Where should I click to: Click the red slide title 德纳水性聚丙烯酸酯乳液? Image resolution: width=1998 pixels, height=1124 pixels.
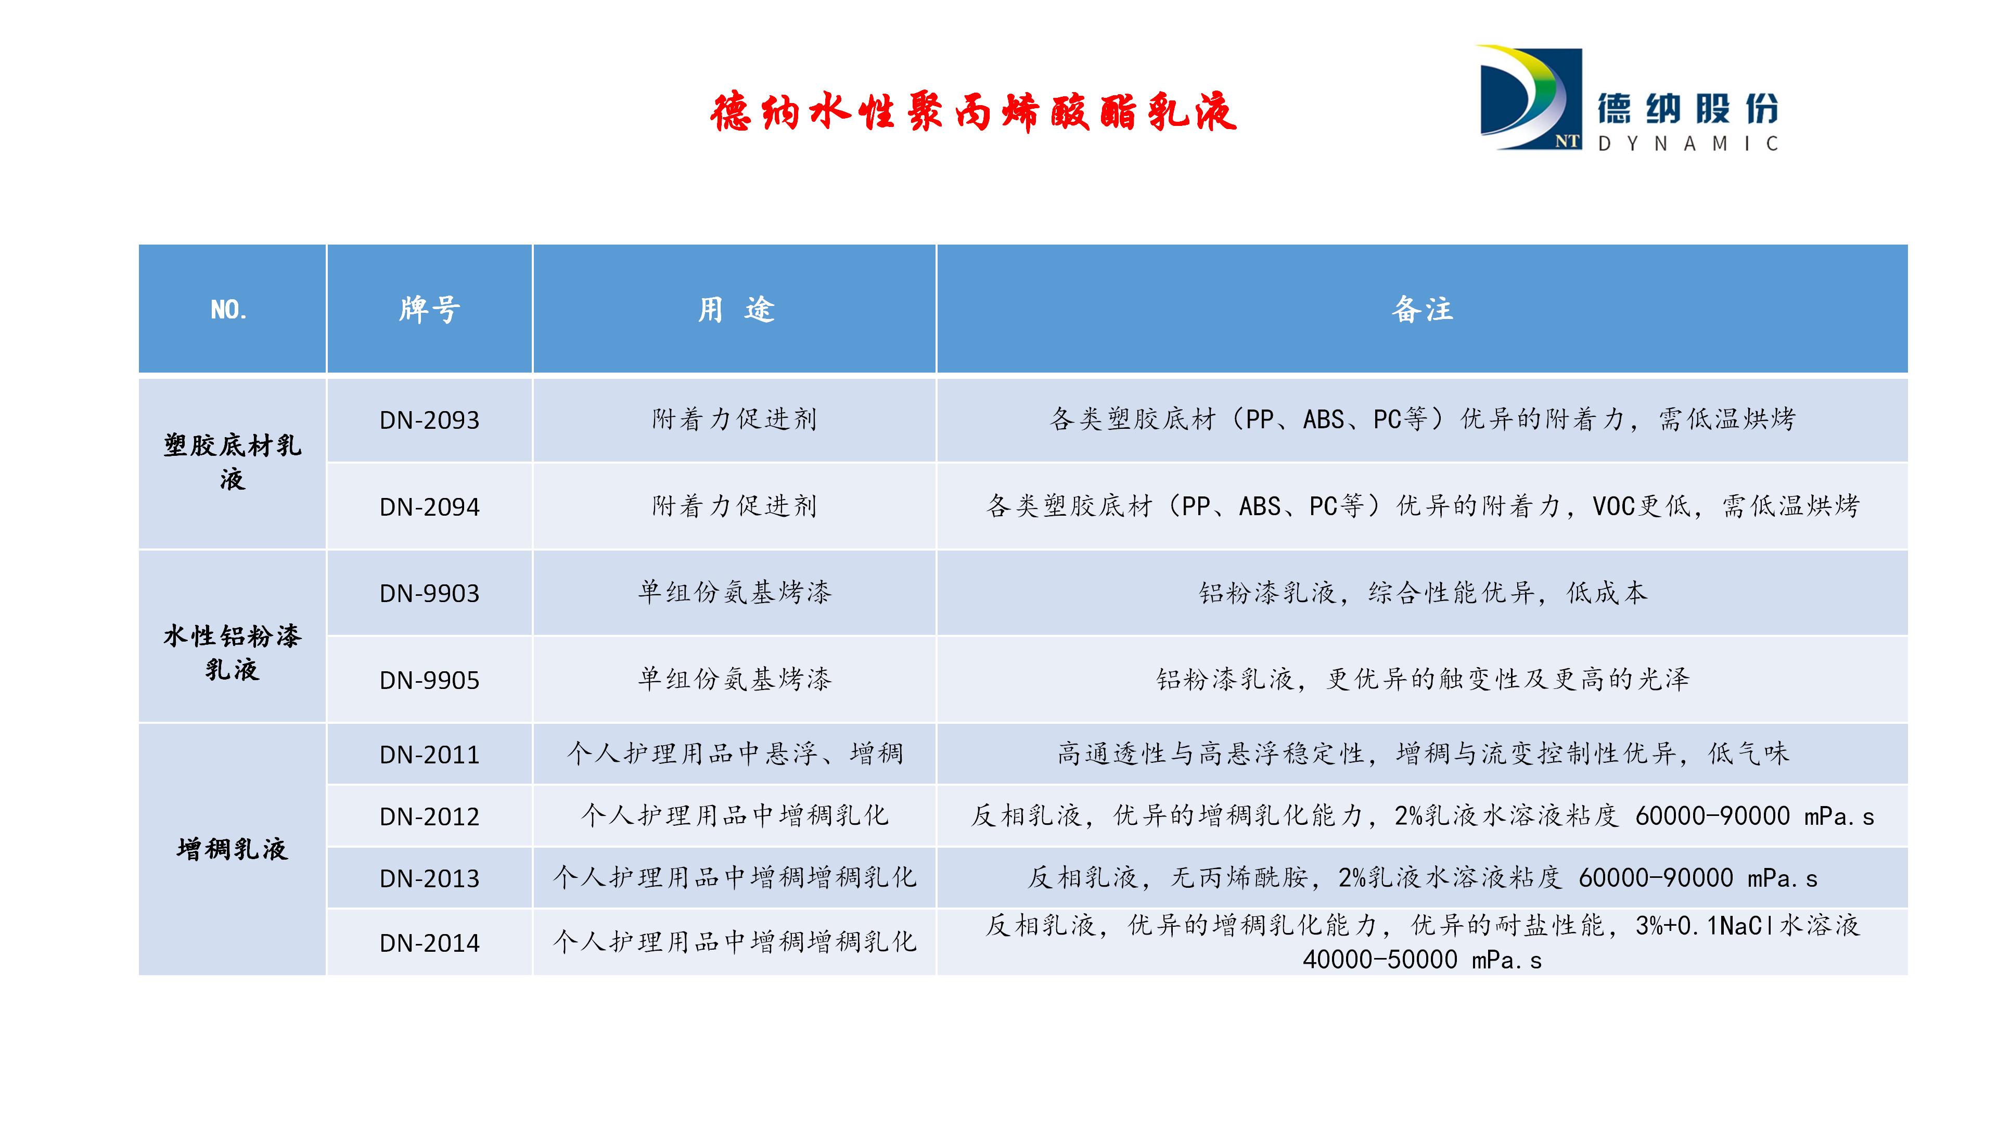[x=972, y=112]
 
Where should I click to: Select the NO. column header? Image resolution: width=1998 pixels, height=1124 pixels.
[x=229, y=310]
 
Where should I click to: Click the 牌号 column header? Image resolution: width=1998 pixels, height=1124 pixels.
[x=430, y=310]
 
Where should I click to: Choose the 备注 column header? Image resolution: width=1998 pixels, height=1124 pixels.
[x=1421, y=310]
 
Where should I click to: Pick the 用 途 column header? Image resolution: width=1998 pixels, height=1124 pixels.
[x=735, y=310]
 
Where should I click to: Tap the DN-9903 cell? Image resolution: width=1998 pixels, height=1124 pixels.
[x=430, y=593]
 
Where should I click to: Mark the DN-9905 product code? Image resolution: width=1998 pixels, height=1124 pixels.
[x=430, y=680]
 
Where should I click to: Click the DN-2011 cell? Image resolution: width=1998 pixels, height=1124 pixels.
[x=430, y=755]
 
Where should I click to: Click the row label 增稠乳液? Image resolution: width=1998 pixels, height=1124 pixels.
[x=232, y=849]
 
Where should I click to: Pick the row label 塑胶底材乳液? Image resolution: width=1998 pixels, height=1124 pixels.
[x=232, y=462]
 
